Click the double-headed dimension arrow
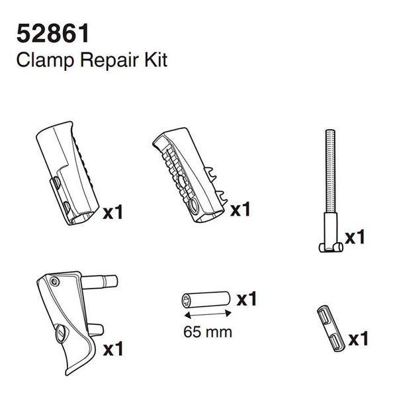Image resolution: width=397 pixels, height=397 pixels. [x=207, y=314]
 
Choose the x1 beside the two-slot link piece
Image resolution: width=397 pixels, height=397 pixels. [x=357, y=339]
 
